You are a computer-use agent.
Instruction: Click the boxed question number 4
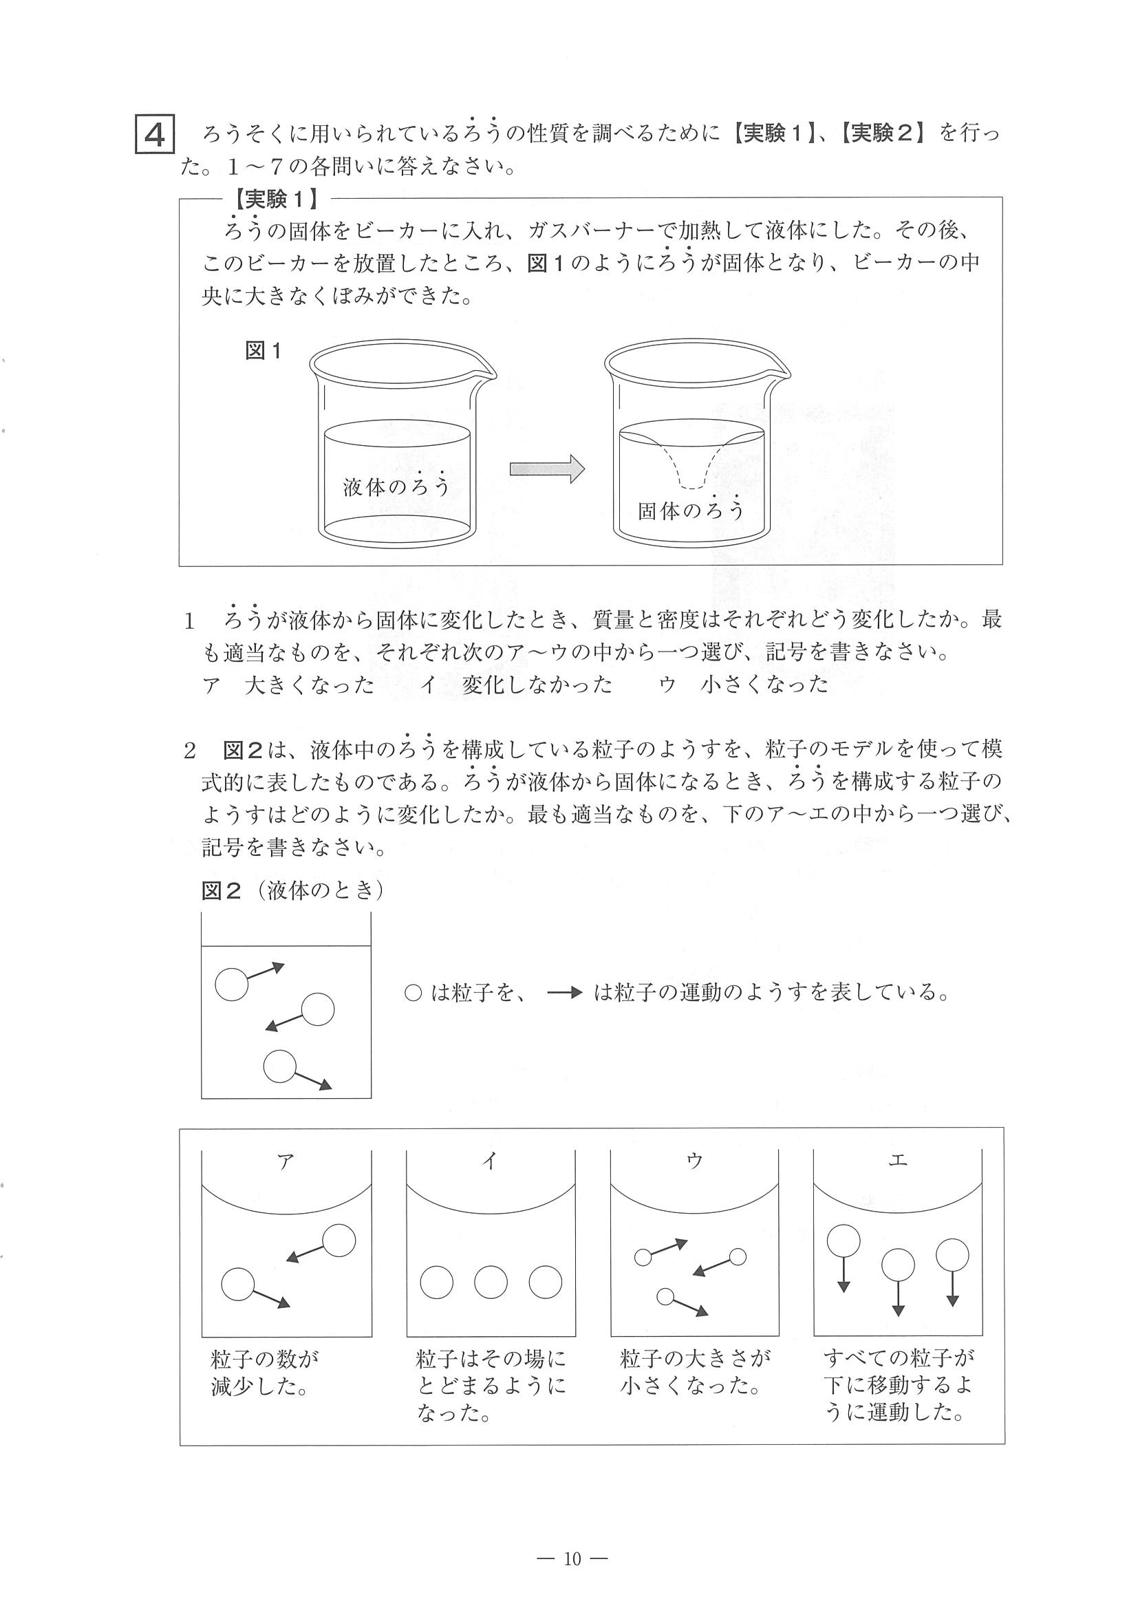pyautogui.click(x=154, y=135)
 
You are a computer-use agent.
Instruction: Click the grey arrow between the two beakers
pyautogui.click(x=547, y=469)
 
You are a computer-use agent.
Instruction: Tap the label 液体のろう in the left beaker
pyautogui.click(x=396, y=486)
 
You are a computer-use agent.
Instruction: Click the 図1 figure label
pyautogui.click(x=263, y=351)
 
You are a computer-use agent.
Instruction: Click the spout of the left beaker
pyautogui.click(x=488, y=372)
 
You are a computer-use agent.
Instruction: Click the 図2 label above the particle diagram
pyautogui.click(x=222, y=890)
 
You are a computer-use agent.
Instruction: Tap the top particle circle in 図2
pyautogui.click(x=231, y=984)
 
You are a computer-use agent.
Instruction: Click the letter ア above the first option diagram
pyautogui.click(x=286, y=1161)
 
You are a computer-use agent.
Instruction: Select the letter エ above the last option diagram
pyautogui.click(x=897, y=1160)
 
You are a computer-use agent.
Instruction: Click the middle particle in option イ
pyautogui.click(x=491, y=1282)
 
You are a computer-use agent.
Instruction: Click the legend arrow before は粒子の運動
pyautogui.click(x=564, y=993)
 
